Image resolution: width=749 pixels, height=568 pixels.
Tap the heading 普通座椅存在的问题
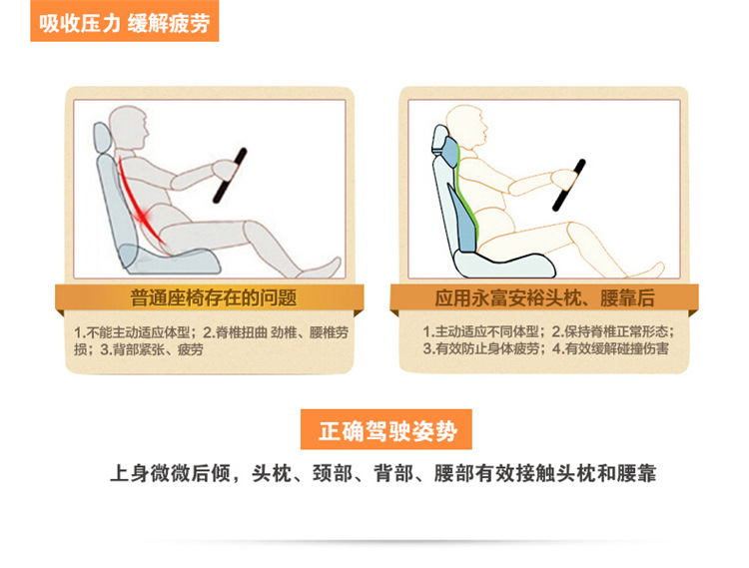click(x=214, y=296)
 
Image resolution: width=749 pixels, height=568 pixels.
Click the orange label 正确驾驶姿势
click(x=387, y=431)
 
